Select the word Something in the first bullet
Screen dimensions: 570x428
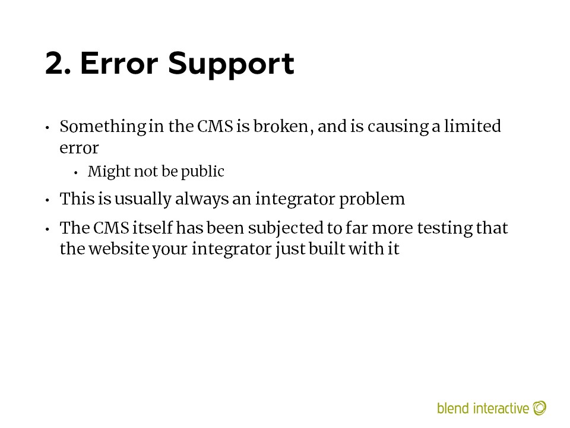click(x=103, y=127)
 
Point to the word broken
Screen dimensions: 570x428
click(x=281, y=126)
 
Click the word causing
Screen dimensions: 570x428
click(x=398, y=127)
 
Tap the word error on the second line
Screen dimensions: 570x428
click(x=79, y=148)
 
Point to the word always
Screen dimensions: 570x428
click(x=202, y=200)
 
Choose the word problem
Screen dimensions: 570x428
click(x=372, y=200)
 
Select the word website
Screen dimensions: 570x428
click(x=119, y=249)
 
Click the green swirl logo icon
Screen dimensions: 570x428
click(x=540, y=408)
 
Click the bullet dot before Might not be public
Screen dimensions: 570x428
click(x=75, y=173)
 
